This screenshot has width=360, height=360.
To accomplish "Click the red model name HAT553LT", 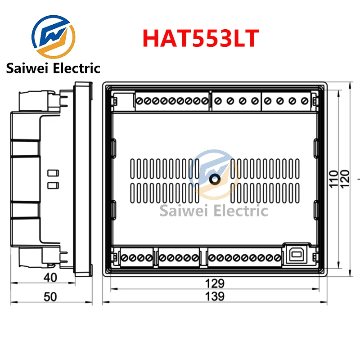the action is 201,38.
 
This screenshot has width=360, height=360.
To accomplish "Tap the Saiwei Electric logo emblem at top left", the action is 53,36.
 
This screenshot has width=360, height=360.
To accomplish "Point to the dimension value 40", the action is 50,278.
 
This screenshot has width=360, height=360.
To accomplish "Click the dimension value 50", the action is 50,297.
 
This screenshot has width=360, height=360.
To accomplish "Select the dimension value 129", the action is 215,283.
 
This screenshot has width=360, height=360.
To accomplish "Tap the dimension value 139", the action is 215,297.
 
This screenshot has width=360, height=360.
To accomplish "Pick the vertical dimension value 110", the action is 333,179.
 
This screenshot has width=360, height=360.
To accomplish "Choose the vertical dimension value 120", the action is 344,179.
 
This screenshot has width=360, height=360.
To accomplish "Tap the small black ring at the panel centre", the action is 215,179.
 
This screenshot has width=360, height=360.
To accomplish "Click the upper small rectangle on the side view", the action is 53,173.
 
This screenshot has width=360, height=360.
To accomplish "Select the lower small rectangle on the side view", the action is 53,185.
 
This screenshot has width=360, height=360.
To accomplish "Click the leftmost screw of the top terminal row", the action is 139,101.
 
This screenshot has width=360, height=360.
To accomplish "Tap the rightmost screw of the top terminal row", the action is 305,101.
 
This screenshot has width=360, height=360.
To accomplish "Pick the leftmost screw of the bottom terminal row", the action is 124,258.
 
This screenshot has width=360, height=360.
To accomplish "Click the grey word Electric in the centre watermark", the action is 241,211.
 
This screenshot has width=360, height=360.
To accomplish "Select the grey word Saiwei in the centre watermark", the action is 184,211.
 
